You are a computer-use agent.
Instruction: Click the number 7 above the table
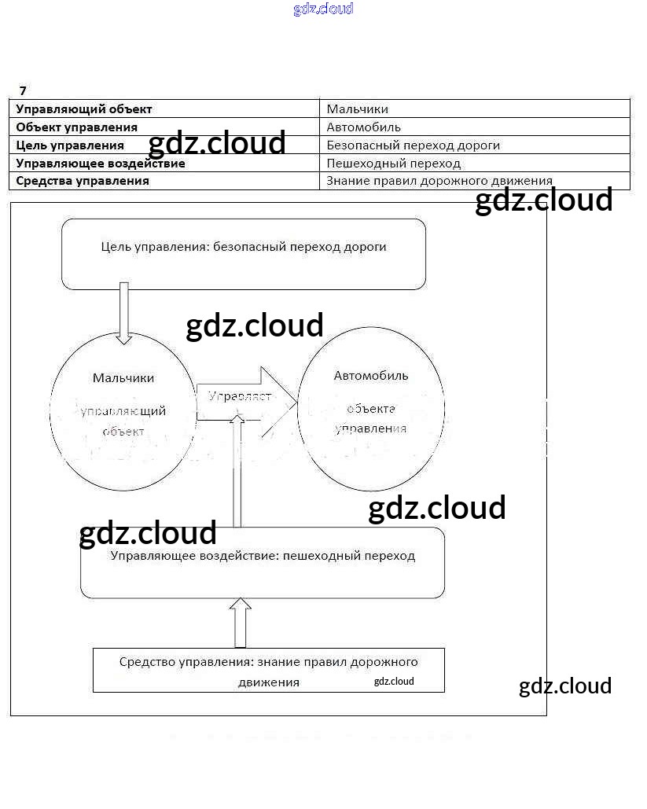(x=23, y=91)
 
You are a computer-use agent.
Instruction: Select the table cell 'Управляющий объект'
(x=84, y=109)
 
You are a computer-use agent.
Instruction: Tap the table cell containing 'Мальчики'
(x=358, y=109)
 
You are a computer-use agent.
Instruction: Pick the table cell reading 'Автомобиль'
(x=364, y=127)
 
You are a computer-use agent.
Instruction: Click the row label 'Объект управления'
(x=77, y=127)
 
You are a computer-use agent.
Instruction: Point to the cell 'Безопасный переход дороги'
(x=414, y=145)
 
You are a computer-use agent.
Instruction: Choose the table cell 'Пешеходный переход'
(x=394, y=164)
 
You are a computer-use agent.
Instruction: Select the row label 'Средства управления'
(x=83, y=181)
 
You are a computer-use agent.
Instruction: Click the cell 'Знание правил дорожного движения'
(x=439, y=181)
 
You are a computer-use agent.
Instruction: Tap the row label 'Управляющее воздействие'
(x=101, y=164)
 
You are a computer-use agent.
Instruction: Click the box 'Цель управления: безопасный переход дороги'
(x=244, y=254)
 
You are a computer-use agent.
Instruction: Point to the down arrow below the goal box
(x=123, y=313)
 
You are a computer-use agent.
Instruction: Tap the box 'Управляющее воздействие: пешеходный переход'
(x=263, y=563)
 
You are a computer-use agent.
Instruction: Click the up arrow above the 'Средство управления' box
(x=240, y=622)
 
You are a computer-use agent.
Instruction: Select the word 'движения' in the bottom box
(x=269, y=682)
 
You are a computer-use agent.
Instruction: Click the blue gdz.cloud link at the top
(x=323, y=9)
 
